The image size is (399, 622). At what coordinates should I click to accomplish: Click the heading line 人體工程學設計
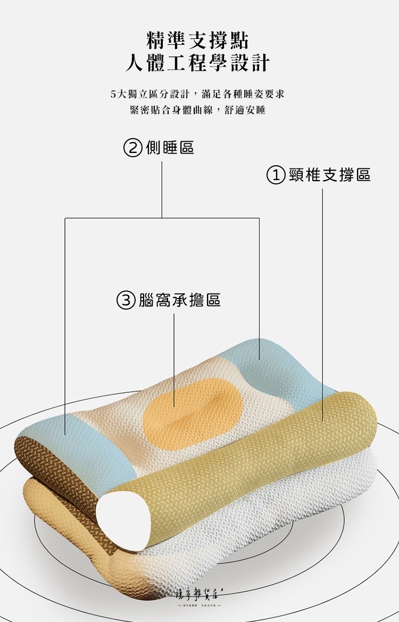tap(197, 63)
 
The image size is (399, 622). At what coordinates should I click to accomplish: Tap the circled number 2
tap(133, 147)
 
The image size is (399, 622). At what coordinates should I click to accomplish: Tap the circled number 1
tap(276, 174)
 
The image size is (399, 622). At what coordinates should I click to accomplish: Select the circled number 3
tap(126, 301)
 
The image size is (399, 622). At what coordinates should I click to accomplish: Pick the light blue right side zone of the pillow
tap(277, 368)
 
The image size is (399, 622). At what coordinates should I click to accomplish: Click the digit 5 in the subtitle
tap(113, 94)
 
